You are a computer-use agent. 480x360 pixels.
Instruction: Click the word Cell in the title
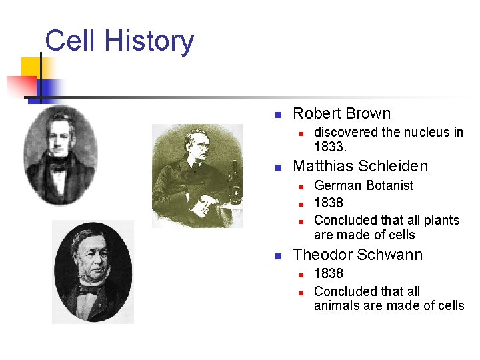point(69,41)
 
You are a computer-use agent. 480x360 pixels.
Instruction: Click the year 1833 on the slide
point(329,146)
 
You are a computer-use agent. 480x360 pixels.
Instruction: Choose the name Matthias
point(323,166)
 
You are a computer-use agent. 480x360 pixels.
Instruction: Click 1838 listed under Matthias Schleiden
point(329,203)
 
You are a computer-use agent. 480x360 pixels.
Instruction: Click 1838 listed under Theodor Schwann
point(329,273)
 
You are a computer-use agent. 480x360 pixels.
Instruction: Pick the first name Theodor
point(323,255)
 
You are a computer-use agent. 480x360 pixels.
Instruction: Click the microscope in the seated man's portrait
point(235,180)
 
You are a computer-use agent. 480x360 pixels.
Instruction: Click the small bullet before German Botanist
point(301,187)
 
